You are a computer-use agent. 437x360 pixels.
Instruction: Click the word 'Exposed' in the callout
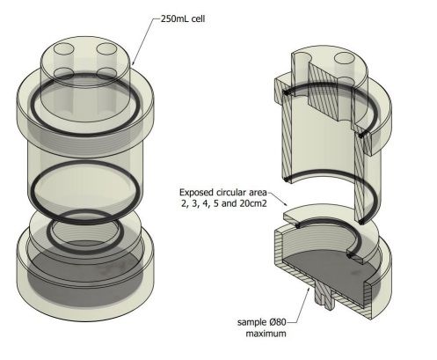[x=199, y=192]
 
